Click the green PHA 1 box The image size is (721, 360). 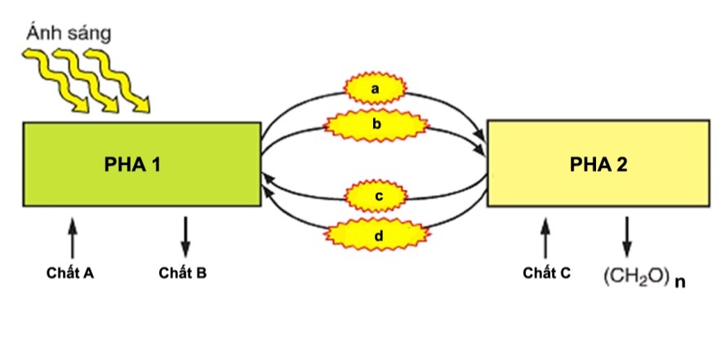142,163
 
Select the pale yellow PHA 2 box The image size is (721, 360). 598,164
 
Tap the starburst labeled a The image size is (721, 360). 376,87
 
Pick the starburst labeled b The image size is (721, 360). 376,125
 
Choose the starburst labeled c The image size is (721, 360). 376,197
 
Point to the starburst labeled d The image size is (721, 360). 376,236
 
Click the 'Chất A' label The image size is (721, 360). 70,273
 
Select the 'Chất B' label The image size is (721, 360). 182,273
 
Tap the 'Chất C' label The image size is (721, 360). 546,273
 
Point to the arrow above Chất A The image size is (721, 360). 72,238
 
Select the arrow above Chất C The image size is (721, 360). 545,238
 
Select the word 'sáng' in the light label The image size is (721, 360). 88,35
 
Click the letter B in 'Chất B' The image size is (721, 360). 201,273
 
